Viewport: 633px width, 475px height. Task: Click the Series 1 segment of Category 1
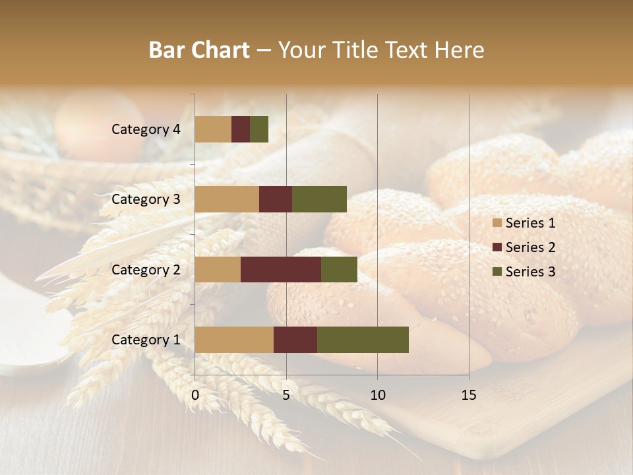234,340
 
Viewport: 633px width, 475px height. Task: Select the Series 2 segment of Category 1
295,340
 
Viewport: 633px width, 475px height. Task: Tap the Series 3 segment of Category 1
363,340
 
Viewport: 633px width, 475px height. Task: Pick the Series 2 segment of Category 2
281,269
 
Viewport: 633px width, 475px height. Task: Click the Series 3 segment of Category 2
339,269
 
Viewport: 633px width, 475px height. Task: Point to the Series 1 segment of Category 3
227,199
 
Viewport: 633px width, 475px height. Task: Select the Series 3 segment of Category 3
319,199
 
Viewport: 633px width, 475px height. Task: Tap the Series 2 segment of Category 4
241,129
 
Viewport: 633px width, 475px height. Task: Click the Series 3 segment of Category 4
259,129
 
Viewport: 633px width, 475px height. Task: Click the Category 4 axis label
146,129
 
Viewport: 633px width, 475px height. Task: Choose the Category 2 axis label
146,269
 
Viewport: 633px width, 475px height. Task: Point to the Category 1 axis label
146,340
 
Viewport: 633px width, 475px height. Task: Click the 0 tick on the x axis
195,395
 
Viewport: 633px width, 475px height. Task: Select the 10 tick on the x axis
377,395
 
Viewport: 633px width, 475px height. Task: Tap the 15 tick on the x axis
468,395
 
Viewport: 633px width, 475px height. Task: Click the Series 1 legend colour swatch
497,223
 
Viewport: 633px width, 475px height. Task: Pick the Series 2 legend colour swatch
497,247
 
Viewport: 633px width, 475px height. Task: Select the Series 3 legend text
530,272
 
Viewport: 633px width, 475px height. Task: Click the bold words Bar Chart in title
199,50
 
